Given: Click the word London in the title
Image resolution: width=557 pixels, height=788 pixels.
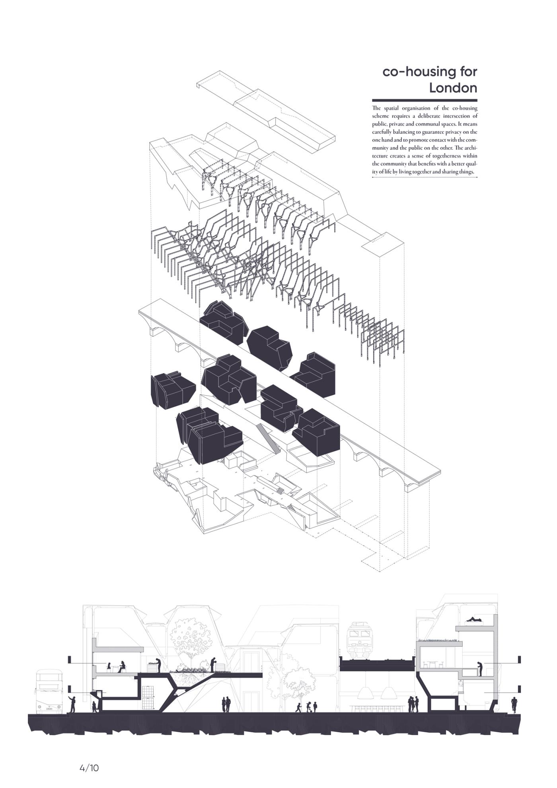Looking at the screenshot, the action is [x=453, y=88].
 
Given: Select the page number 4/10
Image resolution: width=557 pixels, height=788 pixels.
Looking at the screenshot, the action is [x=89, y=768].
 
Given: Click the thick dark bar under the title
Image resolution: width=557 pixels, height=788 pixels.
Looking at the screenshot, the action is [x=425, y=100].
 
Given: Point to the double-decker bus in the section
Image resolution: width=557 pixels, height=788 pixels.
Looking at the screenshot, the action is [x=49, y=692].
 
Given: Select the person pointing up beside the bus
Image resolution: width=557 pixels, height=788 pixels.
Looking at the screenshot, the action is [x=72, y=704].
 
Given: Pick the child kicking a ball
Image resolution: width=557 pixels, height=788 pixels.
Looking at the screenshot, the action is [x=298, y=707].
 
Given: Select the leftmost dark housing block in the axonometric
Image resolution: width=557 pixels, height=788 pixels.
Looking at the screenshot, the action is [x=173, y=390].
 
